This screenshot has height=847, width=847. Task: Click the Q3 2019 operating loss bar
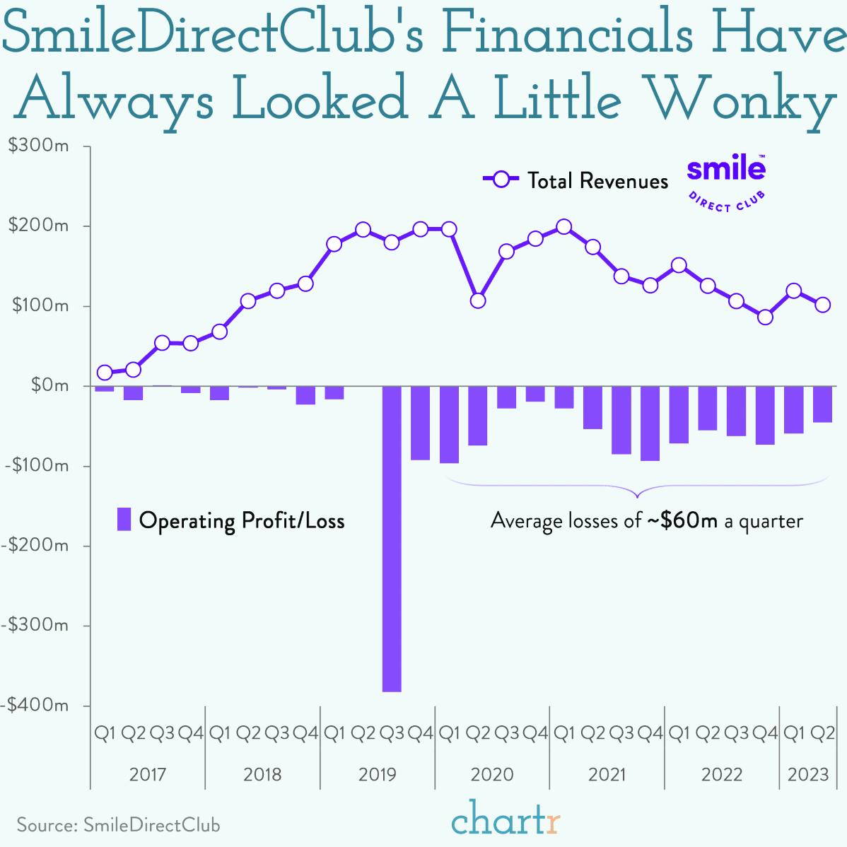pos(392,539)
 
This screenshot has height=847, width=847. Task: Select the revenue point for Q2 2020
pos(478,300)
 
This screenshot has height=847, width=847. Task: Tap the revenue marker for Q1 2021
pos(563,227)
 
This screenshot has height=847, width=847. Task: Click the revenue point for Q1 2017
pos(105,373)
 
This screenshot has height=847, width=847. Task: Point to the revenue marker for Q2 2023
pos(822,305)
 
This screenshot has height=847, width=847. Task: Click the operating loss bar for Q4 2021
pos(650,423)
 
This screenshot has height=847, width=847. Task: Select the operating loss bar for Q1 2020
pos(449,425)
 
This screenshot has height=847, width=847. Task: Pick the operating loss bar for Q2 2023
pos(822,404)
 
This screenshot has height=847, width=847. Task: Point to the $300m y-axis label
pos(38,146)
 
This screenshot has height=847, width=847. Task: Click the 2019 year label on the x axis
pos(378,774)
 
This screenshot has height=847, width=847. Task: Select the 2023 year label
pos(808,774)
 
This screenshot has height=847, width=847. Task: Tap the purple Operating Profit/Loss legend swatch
pos(124,520)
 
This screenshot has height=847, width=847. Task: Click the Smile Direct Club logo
pos(726,182)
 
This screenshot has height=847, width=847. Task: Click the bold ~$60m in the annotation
pos(682,521)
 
